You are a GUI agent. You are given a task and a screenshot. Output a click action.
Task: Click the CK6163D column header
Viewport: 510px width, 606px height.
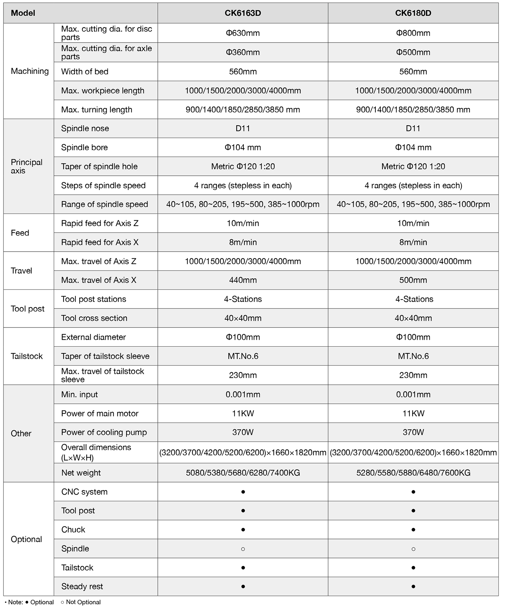(243, 13)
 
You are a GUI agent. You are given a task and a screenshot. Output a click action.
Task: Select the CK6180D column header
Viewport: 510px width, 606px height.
(413, 13)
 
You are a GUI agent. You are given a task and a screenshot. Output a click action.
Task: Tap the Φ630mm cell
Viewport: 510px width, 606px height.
(243, 33)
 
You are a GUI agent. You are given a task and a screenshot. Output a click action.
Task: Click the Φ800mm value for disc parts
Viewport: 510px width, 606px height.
(413, 33)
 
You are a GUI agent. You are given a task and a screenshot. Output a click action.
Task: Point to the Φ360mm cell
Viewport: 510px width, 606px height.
(243, 52)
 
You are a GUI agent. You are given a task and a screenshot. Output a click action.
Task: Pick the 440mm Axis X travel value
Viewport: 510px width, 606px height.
(243, 280)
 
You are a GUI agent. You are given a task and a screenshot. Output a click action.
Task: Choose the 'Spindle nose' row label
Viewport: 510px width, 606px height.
(85, 128)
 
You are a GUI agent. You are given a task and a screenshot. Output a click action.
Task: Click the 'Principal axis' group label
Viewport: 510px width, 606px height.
(27, 166)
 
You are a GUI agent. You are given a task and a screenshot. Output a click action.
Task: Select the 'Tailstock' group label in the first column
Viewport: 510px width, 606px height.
(27, 356)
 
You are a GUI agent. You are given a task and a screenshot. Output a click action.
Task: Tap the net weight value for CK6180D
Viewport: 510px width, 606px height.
(413, 473)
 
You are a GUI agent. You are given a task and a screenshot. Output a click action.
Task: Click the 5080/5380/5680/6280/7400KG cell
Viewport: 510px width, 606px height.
(243, 473)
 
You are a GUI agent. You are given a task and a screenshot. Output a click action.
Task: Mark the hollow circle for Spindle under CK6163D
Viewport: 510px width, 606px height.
(243, 549)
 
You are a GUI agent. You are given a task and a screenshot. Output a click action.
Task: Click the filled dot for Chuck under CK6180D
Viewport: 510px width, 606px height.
(413, 530)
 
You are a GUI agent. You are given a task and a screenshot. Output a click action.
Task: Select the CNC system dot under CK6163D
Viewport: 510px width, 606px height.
(243, 492)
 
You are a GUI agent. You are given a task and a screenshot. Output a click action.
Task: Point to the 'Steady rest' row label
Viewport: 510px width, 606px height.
(82, 586)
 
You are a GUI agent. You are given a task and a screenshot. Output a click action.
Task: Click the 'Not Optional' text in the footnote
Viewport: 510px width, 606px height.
(83, 602)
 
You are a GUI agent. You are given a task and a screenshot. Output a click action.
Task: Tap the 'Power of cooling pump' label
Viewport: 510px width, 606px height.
(104, 432)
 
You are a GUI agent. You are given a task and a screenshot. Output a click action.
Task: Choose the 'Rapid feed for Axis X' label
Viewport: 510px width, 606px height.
(100, 242)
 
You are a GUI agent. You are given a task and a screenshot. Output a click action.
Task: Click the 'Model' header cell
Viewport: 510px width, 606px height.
(23, 13)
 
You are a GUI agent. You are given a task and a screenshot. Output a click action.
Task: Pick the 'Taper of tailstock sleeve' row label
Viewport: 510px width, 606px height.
(105, 356)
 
